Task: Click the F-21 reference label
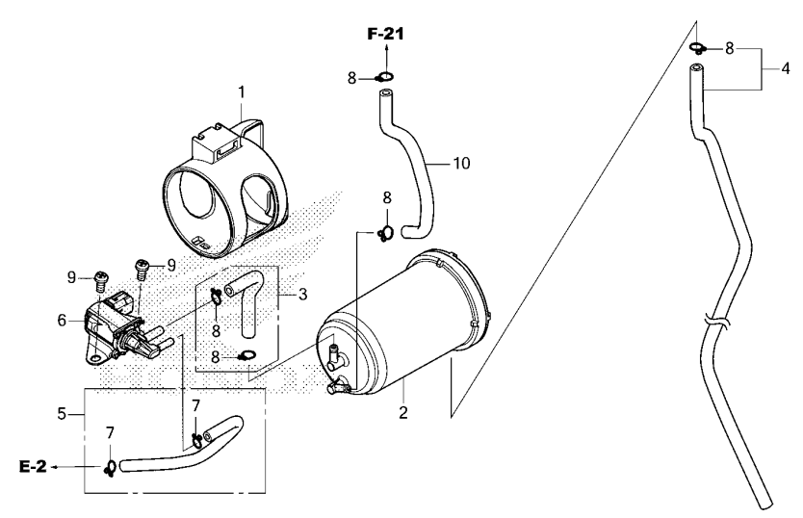(x=385, y=34)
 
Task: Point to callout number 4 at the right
(x=787, y=68)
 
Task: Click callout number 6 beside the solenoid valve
(x=62, y=321)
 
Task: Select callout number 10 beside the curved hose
(x=461, y=164)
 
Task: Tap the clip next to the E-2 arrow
(x=112, y=467)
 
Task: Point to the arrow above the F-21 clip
(x=385, y=53)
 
